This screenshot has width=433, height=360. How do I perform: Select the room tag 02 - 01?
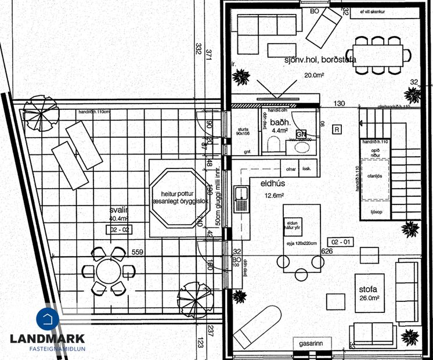click(x=341, y=241)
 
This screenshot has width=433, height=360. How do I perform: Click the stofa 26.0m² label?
click(x=369, y=293)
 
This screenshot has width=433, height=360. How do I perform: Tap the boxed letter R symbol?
click(x=337, y=128)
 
